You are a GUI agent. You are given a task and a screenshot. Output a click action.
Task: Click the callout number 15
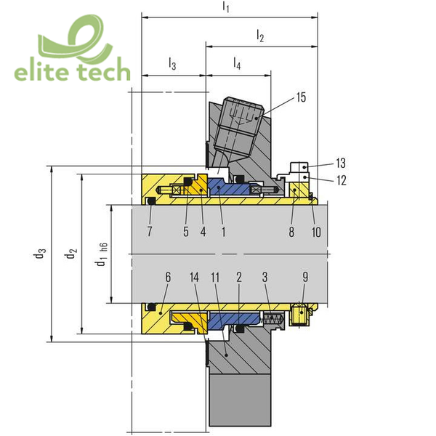point(301,97)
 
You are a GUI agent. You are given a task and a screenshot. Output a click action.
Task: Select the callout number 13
point(341,163)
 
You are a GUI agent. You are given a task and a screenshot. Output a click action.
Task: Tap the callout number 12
point(342,180)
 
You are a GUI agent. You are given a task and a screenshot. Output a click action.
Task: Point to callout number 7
point(150,231)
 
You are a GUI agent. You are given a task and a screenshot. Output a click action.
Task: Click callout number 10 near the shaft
point(316,232)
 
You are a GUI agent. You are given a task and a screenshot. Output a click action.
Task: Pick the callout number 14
point(194,278)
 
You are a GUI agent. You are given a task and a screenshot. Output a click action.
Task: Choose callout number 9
point(305,277)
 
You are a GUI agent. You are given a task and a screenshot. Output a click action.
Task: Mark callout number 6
point(168,277)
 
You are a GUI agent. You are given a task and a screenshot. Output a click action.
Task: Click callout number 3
point(265,278)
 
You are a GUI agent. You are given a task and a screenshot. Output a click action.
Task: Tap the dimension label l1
point(226,7)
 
